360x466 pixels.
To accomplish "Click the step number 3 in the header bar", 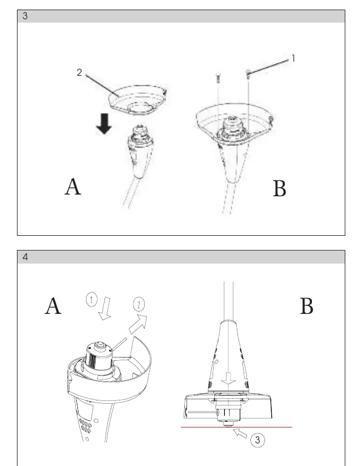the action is point(25,16).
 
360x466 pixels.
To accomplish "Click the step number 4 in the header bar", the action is point(25,257).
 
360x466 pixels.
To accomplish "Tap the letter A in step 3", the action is point(73,187).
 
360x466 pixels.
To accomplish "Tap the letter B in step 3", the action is point(279,188).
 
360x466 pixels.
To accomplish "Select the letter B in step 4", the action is point(306,306).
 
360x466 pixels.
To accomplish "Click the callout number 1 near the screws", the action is point(293,58).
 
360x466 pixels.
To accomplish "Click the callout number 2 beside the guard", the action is point(79,72).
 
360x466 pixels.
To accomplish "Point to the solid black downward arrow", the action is point(104,124).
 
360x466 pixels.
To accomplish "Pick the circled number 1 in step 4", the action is point(92,300).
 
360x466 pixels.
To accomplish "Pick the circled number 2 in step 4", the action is point(138,304).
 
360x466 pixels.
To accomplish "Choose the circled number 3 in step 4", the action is point(257,440).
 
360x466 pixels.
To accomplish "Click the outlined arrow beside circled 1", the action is point(105,309).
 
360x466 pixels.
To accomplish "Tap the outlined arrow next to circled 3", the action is point(240,433).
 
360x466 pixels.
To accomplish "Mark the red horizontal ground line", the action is point(236,427).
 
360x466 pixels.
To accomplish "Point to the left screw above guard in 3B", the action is point(218,78).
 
